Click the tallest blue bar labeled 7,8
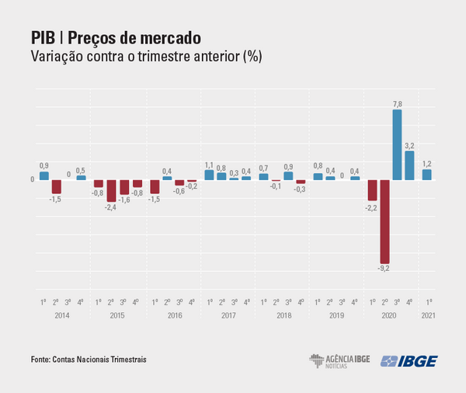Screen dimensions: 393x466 [x=397, y=145]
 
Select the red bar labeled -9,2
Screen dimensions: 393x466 [x=384, y=221]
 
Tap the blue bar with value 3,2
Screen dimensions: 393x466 [x=409, y=165]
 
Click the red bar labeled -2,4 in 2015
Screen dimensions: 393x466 [x=111, y=191]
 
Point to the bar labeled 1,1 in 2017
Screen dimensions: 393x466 [x=209, y=175]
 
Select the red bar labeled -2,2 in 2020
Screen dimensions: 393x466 [x=373, y=190]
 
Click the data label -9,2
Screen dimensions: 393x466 [x=384, y=269]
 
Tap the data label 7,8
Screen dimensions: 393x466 [x=397, y=104]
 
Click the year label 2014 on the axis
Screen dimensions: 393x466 [x=62, y=315]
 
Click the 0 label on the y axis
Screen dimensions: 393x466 [x=32, y=180]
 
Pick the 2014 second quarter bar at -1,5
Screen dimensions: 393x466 [x=56, y=187]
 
